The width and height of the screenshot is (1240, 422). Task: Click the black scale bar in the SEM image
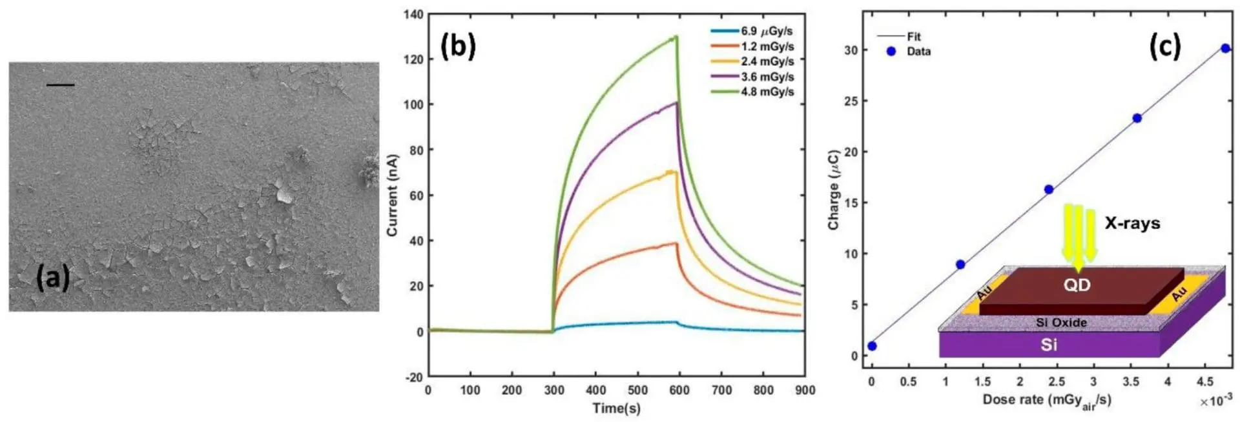pos(61,85)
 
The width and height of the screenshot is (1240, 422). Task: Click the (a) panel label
pos(52,277)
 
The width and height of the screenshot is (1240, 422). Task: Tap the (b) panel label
pos(458,46)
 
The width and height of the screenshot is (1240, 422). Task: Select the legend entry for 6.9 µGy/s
pos(766,31)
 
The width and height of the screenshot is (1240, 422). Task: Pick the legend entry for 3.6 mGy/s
pos(767,77)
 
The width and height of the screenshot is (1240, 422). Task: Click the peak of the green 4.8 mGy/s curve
pos(676,37)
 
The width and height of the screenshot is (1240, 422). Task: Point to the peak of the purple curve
pos(676,103)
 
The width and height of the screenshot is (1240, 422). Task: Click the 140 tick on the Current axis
pos(413,14)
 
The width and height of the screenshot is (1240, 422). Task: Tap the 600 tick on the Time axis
pos(679,390)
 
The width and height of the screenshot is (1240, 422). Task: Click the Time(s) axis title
pos(616,408)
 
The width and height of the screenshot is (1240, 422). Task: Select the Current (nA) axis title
pos(392,195)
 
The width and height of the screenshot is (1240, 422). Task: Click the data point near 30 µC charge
pos(1225,48)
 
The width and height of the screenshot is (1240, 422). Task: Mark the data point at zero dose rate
pos(872,347)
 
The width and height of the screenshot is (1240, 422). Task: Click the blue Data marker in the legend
pos(891,52)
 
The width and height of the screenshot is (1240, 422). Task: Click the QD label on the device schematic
pos(1077,285)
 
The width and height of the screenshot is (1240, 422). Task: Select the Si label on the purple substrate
pos(1049,345)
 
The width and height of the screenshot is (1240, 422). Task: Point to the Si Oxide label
pos(1061,323)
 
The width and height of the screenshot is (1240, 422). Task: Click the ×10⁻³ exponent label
pos(1216,401)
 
